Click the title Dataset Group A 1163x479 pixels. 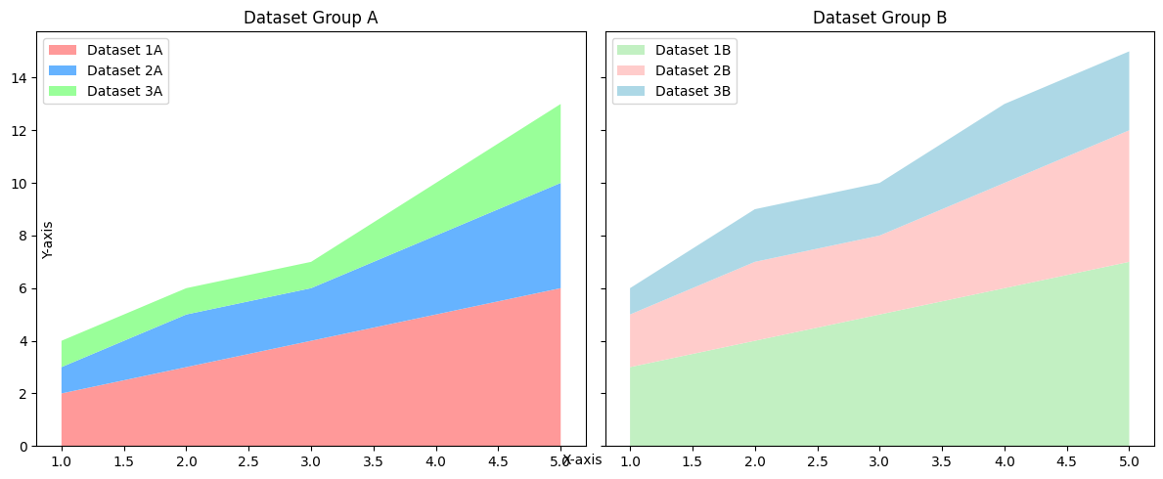click(310, 18)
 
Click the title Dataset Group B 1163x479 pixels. click(879, 18)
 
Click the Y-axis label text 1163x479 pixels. click(48, 239)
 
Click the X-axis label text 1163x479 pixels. click(582, 460)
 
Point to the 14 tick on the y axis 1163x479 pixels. click(20, 77)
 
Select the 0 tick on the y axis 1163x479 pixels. click(23, 447)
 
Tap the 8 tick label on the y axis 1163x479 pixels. click(23, 236)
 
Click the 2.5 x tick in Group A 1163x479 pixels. click(248, 460)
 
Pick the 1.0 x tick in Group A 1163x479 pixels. click(62, 460)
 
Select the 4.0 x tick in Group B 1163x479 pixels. click(1005, 460)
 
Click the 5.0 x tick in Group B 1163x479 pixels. click(1129, 460)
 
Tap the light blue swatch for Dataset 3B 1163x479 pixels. click(632, 92)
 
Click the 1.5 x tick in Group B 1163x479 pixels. click(693, 460)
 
